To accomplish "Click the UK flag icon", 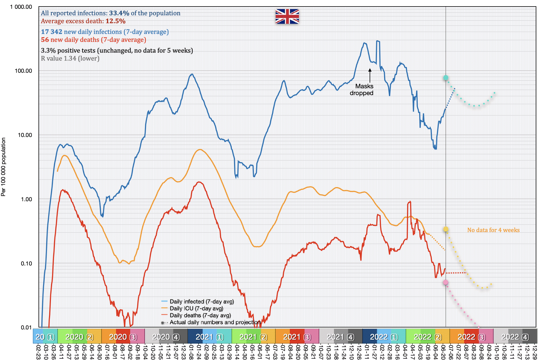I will [x=287, y=16].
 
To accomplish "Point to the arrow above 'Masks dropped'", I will [x=370, y=75].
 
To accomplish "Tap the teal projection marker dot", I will [x=446, y=78].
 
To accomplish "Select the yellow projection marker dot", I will [x=446, y=229].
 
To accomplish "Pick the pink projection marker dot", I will [x=445, y=282].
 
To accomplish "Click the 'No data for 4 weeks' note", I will [x=493, y=230].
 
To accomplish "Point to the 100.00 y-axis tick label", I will [x=23, y=71].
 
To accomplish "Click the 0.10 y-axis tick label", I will [x=26, y=263].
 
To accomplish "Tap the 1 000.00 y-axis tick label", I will [x=21, y=7].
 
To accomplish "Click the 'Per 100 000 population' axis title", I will [x=3, y=167].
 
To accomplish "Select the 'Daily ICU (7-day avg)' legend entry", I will [x=196, y=308].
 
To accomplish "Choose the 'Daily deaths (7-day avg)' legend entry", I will [x=200, y=315].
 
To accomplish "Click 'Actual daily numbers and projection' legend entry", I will [x=215, y=322].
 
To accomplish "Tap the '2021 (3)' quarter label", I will [x=297, y=337].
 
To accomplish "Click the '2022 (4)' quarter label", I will [x=515, y=337].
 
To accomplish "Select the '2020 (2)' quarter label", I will [x=79, y=337].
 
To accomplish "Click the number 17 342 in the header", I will [x=52, y=32].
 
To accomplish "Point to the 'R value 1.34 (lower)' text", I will [x=70, y=58].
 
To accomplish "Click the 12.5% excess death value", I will [x=115, y=21].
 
